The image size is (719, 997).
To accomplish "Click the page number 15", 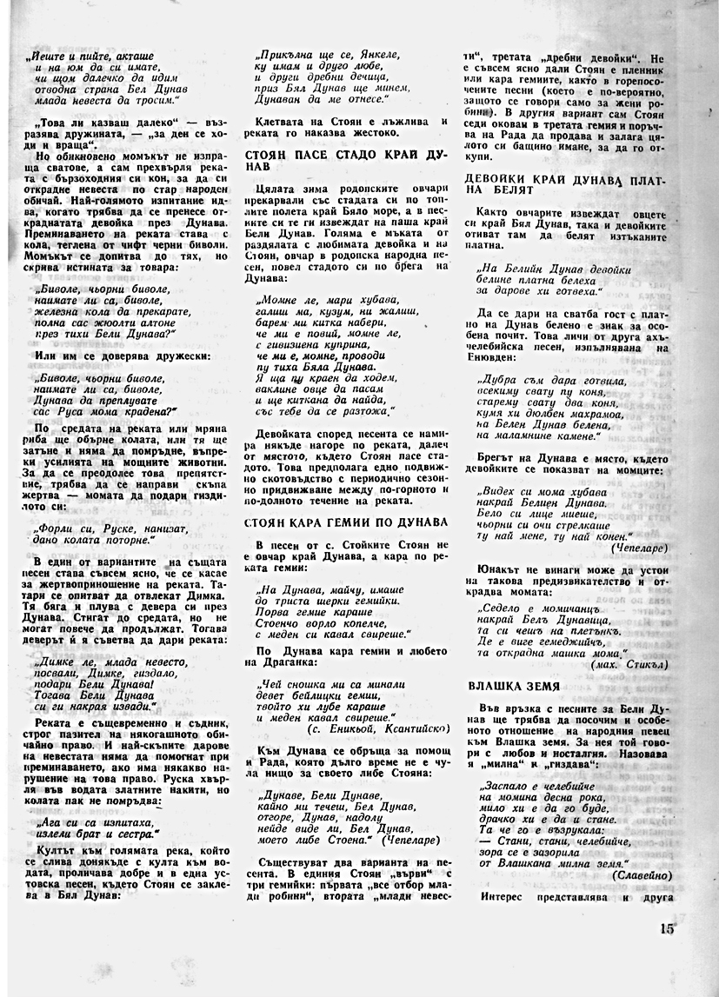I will [x=667, y=927].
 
